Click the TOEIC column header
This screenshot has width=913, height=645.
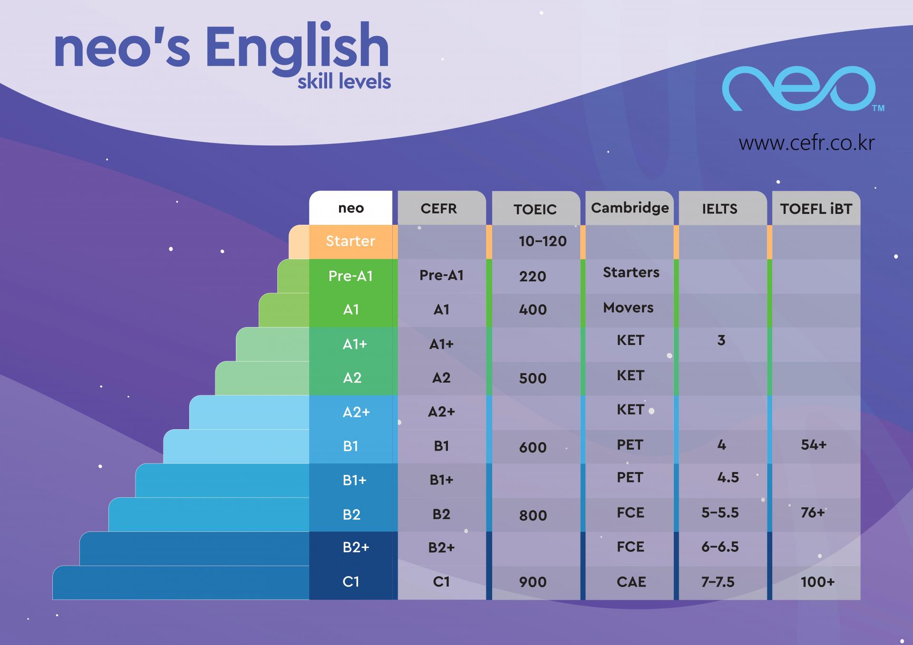(x=535, y=209)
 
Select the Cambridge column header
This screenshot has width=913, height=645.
(x=630, y=208)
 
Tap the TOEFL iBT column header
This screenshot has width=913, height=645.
(x=816, y=209)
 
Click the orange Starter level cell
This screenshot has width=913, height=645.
(x=350, y=241)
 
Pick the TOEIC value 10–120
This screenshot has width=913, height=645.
(x=543, y=241)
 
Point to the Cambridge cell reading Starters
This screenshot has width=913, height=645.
(x=631, y=272)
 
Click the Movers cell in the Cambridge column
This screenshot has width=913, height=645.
(x=628, y=308)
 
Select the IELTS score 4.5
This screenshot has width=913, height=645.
(x=728, y=477)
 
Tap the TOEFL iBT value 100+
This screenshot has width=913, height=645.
(x=817, y=582)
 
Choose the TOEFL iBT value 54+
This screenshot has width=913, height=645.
(x=814, y=445)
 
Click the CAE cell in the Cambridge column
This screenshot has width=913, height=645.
(x=631, y=582)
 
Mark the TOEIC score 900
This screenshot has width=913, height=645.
(x=533, y=582)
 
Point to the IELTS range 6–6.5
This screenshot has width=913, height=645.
(x=720, y=547)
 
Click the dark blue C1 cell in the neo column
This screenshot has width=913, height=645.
(x=351, y=582)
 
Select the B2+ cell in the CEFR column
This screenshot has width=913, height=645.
(x=441, y=548)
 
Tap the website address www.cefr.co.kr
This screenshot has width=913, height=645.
(x=806, y=143)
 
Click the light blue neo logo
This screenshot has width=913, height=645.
(x=799, y=89)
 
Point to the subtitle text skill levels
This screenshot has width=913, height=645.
(x=344, y=82)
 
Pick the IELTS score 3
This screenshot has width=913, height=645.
(x=721, y=340)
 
